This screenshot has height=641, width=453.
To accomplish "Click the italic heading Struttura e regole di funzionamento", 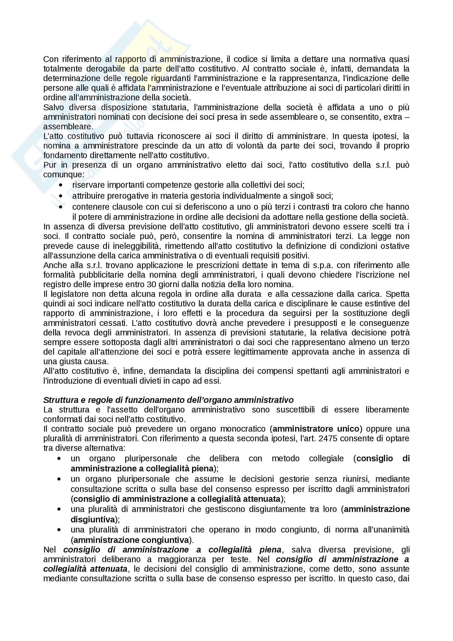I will pos(168,400).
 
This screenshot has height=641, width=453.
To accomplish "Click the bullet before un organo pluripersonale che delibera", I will pos(59,459).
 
